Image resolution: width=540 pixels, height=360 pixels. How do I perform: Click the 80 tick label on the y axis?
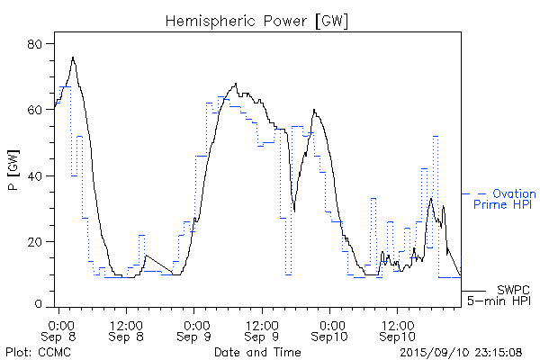pyautogui.click(x=34, y=43)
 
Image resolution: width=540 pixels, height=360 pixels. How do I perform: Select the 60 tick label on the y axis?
pyautogui.click(x=34, y=110)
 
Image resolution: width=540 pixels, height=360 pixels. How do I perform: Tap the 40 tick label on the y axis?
pyautogui.click(x=34, y=175)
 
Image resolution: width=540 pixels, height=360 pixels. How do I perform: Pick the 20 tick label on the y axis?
pyautogui.click(x=34, y=242)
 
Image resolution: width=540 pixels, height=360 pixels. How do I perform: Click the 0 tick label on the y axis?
pyautogui.click(x=38, y=307)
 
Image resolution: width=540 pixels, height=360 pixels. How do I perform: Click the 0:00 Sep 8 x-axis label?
pyautogui.click(x=58, y=329)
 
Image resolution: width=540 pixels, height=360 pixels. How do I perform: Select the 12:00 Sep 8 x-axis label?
pyautogui.click(x=126, y=329)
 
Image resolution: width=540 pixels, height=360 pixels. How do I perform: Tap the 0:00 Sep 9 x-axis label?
pyautogui.click(x=194, y=329)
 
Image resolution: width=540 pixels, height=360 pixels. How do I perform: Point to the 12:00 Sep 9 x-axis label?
pyautogui.click(x=262, y=329)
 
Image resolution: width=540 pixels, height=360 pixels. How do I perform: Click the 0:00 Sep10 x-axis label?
pyautogui.click(x=330, y=329)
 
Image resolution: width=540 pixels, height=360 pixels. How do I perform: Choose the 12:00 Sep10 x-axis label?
pyautogui.click(x=397, y=329)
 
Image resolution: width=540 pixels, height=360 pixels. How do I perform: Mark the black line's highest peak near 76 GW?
pyautogui.click(x=73, y=58)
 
